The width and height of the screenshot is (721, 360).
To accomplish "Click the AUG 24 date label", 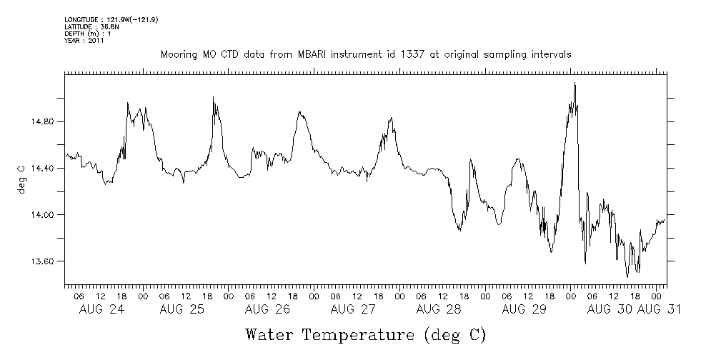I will click(x=96, y=309).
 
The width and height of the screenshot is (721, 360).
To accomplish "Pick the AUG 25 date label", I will click(x=182, y=309).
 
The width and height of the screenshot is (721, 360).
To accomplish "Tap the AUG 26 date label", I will click(x=267, y=309).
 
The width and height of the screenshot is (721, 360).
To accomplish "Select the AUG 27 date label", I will click(x=353, y=309).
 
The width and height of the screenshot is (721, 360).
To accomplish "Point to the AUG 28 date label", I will click(x=438, y=309).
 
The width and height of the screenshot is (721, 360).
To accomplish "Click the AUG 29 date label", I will click(x=524, y=309).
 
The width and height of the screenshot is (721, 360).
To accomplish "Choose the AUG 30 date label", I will click(x=609, y=309).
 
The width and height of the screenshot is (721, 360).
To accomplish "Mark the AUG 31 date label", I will click(x=658, y=309).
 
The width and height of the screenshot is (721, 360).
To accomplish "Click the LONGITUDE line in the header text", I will click(x=111, y=20).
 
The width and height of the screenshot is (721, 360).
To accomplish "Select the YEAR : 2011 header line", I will click(x=84, y=41).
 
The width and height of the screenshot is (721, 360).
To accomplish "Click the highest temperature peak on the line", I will click(x=575, y=84).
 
